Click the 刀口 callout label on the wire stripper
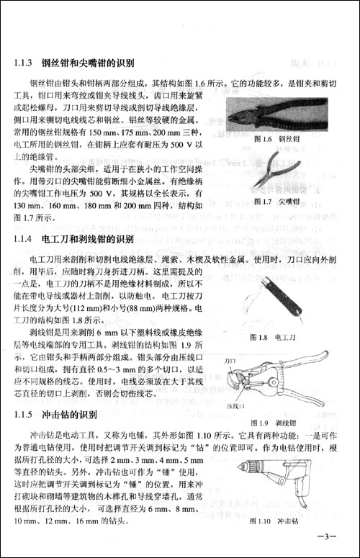[x=231, y=359]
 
